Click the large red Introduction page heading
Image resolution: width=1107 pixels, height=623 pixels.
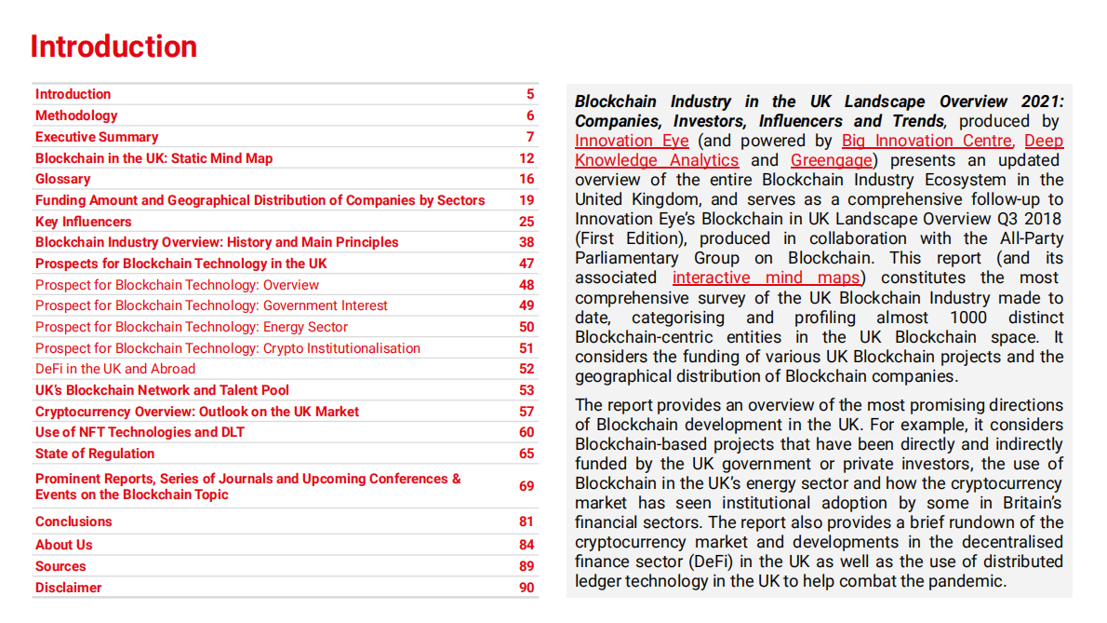coord(113,47)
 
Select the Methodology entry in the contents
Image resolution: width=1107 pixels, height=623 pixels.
coord(76,115)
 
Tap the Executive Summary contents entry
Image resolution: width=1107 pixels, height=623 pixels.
coord(97,137)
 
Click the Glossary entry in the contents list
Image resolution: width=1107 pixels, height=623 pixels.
coord(62,179)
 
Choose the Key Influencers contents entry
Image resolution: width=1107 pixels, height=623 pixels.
coord(83,222)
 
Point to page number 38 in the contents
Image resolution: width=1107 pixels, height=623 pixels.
coord(527,242)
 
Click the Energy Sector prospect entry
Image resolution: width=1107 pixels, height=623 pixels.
coord(192,327)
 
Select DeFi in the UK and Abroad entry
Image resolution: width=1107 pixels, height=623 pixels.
coord(115,369)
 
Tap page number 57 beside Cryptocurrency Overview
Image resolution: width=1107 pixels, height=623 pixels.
coord(527,412)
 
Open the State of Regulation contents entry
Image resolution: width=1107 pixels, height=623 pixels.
coord(95,454)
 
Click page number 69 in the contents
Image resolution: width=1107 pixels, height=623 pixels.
coord(527,486)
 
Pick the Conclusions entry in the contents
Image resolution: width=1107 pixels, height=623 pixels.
coord(73,521)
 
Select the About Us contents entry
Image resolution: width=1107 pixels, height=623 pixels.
coord(63,545)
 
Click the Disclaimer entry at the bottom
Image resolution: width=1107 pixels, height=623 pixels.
coord(68,588)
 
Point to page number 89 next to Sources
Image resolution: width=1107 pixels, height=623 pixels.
coord(527,566)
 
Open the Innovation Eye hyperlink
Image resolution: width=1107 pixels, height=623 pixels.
coord(632,141)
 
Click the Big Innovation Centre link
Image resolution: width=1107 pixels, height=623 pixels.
coord(927,141)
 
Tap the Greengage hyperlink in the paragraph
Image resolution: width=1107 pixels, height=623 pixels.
coord(832,160)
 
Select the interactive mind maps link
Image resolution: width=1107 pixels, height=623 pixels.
coord(767,278)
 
